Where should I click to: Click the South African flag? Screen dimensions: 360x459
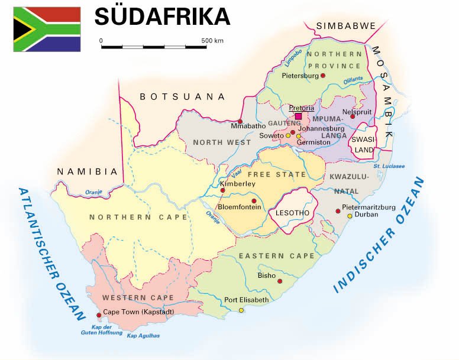pos(47,30)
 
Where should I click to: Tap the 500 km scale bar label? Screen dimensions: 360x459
pos(212,41)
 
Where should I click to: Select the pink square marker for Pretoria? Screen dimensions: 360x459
pos(298,116)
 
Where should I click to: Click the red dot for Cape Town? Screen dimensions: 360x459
pos(98,314)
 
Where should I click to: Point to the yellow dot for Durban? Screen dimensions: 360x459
pos(350,216)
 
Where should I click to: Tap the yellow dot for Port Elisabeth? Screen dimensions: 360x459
pos(241,310)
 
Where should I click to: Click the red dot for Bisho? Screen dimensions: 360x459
pos(280,281)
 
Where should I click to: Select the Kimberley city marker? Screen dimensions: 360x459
pos(222,190)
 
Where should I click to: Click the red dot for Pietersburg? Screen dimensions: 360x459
pos(323,76)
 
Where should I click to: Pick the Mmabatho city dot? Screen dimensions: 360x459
pos(232,122)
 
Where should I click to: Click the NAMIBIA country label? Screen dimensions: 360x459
pos(88,171)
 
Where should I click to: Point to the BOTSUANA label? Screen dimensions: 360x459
pos(182,96)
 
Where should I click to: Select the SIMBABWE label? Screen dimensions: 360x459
pos(346,26)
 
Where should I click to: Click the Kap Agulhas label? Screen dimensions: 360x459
pos(143,336)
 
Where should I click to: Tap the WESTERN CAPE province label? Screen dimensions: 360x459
pos(138,297)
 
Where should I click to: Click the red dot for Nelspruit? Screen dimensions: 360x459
pos(353,116)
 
